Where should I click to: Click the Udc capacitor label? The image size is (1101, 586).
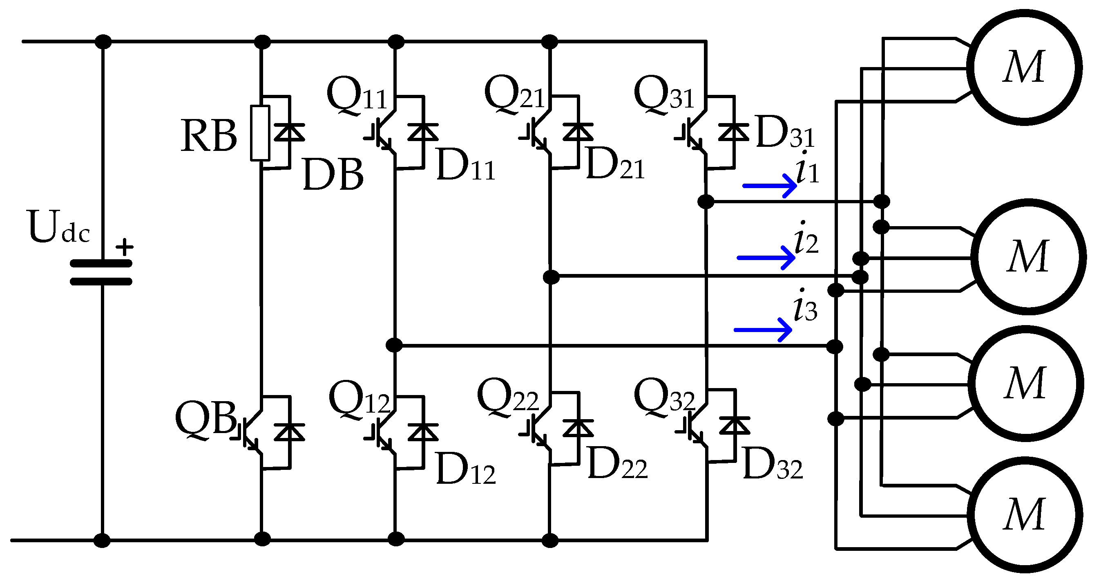coord(58,227)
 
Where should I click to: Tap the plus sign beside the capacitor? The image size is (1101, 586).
coord(124,247)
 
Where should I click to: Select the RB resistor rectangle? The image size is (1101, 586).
coord(260,133)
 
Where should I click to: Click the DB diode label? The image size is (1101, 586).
coord(333,175)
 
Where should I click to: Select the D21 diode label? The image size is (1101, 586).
coord(615,164)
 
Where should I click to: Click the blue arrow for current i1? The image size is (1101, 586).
coord(769,186)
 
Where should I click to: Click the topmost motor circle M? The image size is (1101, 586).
coord(1024,67)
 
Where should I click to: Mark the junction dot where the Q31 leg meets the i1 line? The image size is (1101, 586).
coord(706,201)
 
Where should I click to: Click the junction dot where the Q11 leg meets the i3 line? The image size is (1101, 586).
coord(394,345)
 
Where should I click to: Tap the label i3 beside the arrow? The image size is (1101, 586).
coord(805,307)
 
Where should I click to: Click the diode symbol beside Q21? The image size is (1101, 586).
coord(578,132)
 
